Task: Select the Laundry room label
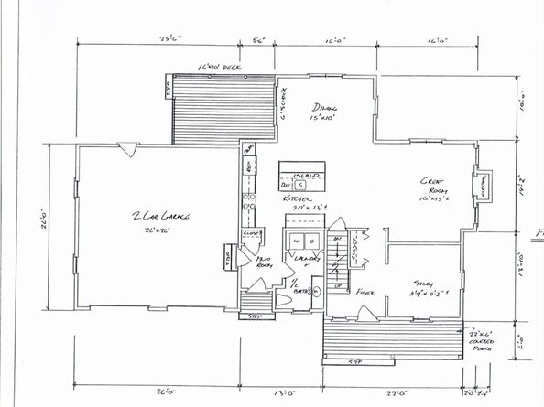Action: [304, 260]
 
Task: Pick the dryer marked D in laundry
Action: [311, 241]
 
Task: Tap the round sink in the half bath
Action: [313, 296]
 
